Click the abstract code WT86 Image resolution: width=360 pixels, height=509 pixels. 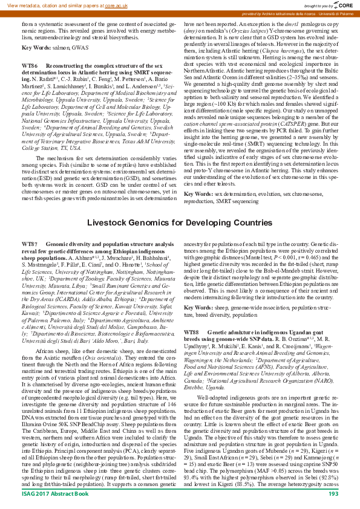30,64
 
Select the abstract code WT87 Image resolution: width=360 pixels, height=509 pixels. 30,226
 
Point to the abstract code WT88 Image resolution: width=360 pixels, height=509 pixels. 192,332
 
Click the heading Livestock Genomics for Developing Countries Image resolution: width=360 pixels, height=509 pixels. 180,206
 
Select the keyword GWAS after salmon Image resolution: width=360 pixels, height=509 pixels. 76,47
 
